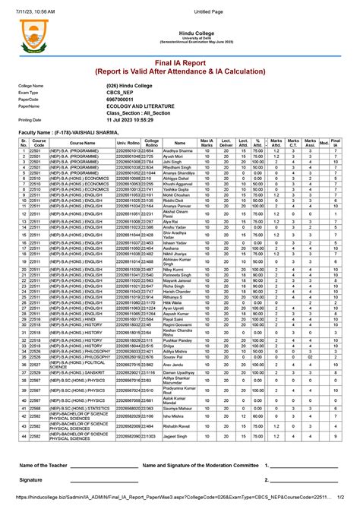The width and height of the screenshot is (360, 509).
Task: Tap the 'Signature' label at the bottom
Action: click(31, 480)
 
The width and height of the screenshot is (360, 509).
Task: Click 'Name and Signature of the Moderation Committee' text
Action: click(201, 465)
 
